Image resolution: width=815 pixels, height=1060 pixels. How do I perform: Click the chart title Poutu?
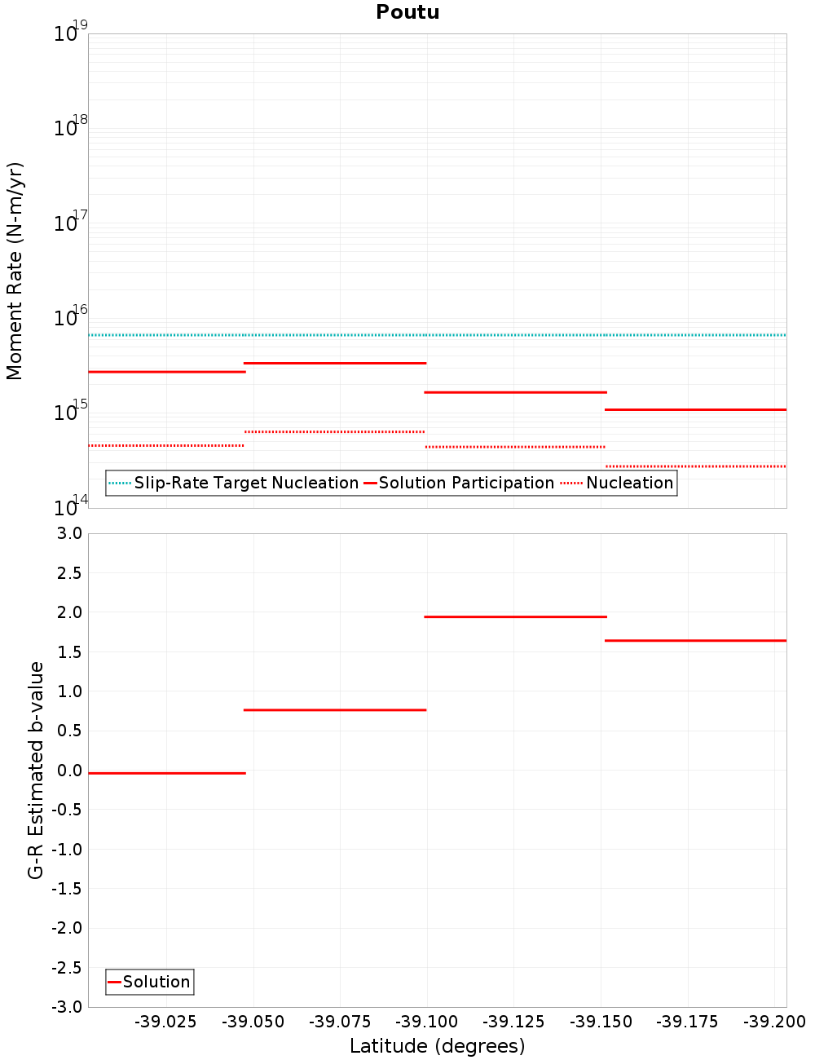click(x=407, y=12)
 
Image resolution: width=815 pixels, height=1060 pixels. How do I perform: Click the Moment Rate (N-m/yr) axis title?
click(x=15, y=271)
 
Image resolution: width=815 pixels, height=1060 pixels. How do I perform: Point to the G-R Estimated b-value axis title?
click(x=36, y=770)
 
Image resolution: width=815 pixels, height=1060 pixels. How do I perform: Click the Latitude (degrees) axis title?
click(x=437, y=1046)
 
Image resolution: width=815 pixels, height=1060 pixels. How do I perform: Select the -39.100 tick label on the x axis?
click(x=428, y=1022)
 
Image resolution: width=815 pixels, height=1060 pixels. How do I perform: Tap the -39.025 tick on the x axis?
click(x=166, y=1022)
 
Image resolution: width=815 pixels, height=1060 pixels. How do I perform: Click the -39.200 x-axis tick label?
click(x=774, y=1022)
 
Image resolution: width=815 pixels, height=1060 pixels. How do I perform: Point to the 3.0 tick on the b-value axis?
click(x=68, y=533)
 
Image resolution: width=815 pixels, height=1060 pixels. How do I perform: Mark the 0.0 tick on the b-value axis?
click(x=68, y=771)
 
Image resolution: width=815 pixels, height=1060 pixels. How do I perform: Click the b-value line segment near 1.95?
click(x=515, y=616)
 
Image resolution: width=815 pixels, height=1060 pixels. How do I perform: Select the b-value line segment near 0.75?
click(x=334, y=709)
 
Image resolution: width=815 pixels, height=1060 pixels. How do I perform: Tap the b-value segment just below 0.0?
click(x=166, y=772)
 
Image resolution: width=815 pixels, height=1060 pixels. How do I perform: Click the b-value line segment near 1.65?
click(x=695, y=640)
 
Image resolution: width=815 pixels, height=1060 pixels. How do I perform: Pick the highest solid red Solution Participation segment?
click(x=334, y=363)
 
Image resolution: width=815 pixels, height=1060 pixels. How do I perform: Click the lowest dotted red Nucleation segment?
click(x=695, y=466)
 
